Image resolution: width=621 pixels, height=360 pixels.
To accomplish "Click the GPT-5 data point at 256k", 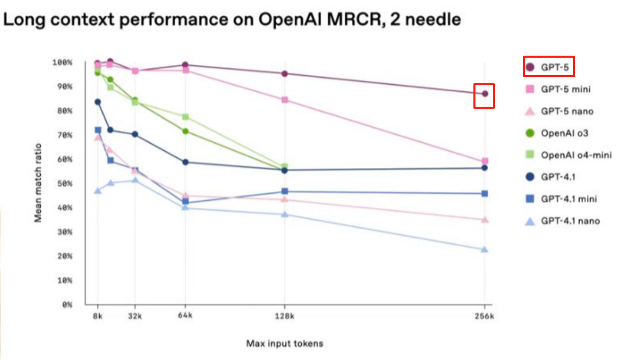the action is [x=485, y=93].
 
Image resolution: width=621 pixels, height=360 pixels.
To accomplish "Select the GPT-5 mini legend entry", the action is [x=558, y=89].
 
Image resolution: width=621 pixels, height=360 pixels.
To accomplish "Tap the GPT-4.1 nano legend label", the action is [x=570, y=221].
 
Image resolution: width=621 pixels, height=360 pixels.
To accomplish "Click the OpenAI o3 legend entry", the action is [x=557, y=133].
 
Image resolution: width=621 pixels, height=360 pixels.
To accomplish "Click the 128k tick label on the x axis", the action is [x=284, y=316].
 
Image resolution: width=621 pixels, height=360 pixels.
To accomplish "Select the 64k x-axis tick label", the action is [x=185, y=316].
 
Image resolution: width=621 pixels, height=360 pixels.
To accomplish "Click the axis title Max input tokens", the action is [x=285, y=344].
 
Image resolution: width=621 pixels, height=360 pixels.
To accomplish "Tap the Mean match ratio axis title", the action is [x=38, y=183].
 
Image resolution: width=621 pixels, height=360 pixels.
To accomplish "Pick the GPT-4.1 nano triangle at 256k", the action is [x=484, y=249].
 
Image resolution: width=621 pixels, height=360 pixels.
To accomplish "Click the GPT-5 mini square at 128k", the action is [x=285, y=100].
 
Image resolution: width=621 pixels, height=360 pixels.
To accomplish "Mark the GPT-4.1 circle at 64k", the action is [x=185, y=162].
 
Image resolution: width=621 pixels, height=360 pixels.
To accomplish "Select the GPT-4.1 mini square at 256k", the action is [x=484, y=194].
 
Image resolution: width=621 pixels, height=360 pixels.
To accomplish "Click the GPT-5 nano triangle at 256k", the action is [x=485, y=220].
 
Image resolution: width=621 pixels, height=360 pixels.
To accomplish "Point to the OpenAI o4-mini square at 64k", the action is [x=186, y=117].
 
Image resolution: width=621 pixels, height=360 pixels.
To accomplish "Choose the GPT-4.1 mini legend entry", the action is [x=561, y=199].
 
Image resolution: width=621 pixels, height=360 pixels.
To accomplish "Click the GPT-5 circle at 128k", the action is [x=284, y=74].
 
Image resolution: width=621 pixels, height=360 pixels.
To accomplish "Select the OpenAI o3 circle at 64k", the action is [x=185, y=131].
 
